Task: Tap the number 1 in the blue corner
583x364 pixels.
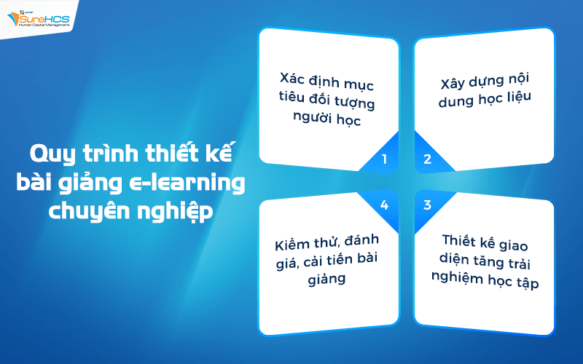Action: (x=386, y=159)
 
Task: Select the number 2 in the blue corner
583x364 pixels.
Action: (x=428, y=159)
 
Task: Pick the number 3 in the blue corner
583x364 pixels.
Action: (x=428, y=204)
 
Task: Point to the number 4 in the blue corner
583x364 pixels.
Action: (x=385, y=204)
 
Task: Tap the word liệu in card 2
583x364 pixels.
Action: (x=514, y=100)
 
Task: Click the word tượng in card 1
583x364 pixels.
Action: (x=360, y=97)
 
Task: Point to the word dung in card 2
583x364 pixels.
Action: (x=455, y=100)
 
